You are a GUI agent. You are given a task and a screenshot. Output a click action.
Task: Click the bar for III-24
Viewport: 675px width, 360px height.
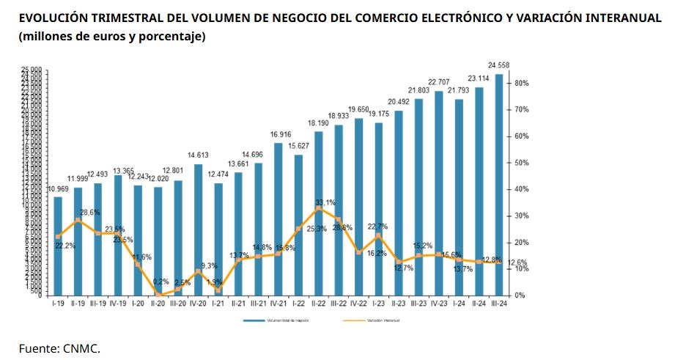(499, 183)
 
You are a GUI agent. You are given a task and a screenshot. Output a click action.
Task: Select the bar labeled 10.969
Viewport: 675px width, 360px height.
(58, 246)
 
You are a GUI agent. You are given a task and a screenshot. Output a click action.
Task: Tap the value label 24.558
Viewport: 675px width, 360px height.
(499, 65)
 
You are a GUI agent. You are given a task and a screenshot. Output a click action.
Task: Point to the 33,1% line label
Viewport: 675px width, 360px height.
(325, 202)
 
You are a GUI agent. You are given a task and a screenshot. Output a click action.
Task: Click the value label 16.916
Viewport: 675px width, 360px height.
(279, 135)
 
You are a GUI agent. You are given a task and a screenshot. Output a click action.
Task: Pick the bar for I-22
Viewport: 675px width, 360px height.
(298, 224)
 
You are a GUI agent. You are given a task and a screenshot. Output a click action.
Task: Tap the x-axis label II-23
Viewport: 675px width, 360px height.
(399, 302)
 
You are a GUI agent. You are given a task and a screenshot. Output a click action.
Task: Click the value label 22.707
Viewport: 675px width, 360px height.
(439, 82)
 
